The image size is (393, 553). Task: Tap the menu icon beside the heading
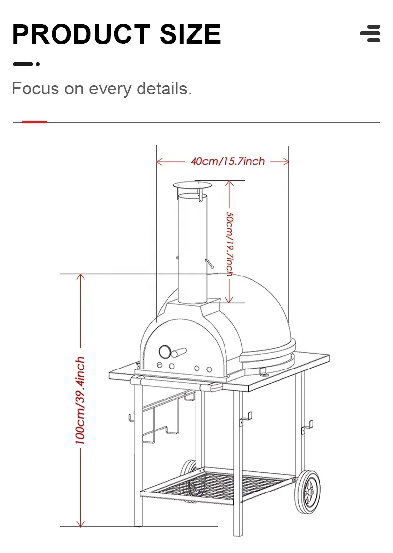370,33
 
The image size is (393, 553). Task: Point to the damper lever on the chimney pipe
210,264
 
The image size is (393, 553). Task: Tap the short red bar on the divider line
34,122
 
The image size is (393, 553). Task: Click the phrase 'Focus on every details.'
102,89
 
